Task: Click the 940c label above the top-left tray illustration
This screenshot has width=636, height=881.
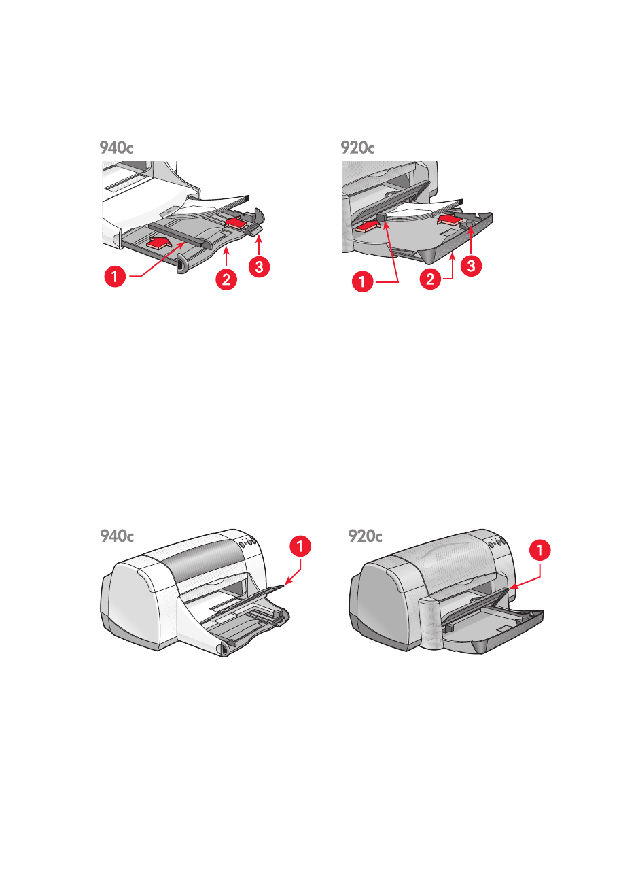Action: pos(116,148)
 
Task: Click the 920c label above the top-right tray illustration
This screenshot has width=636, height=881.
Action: pos(358,148)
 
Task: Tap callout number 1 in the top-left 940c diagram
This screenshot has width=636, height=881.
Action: pos(116,277)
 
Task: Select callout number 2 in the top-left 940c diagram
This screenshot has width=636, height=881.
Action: pos(226,279)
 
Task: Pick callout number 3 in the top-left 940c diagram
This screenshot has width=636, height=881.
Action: pos(259,266)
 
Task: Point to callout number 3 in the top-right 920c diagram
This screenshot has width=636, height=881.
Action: pos(472,266)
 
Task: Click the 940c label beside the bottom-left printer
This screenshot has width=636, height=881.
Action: pos(117,536)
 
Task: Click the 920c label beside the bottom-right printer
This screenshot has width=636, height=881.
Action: pos(366,536)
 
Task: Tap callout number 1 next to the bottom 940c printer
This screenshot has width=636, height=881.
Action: pos(301,546)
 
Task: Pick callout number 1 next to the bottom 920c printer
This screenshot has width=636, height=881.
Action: pos(540,551)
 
